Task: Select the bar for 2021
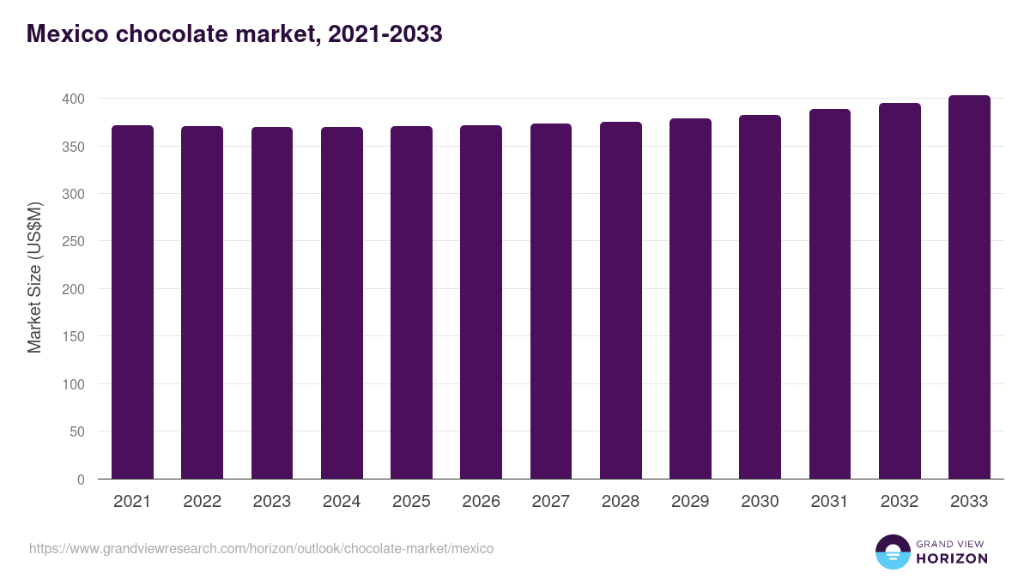coord(132,302)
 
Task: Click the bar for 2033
coord(969,287)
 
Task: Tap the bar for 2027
coord(551,301)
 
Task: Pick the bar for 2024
coord(342,303)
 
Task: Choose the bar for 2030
coord(760,297)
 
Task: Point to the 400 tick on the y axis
coord(74,100)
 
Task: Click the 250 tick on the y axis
coord(74,242)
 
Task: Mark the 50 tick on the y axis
coord(77,432)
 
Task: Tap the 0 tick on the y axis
coord(81,479)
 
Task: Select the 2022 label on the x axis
coord(202,502)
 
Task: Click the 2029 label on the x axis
coord(690,502)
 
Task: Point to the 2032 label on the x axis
coord(900,502)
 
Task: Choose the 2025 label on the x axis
coord(411,502)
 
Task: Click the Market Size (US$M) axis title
coord(35,276)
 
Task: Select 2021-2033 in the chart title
coord(385,34)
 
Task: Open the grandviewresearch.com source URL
coord(261,548)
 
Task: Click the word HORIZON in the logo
coord(952,558)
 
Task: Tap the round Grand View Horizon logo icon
coord(893,552)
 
